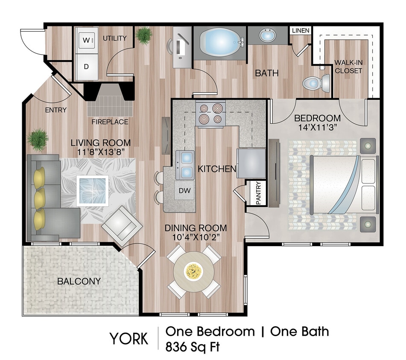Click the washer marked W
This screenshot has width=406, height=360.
point(86,41)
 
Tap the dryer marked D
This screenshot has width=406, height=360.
point(86,67)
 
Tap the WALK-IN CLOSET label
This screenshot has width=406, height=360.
point(349,67)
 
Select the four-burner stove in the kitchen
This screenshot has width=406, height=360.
point(210,114)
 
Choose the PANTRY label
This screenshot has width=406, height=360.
point(258,193)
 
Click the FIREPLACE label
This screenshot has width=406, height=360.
point(110,122)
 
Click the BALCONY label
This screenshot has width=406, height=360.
point(79,282)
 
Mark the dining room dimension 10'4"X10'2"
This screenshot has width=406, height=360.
point(196,238)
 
